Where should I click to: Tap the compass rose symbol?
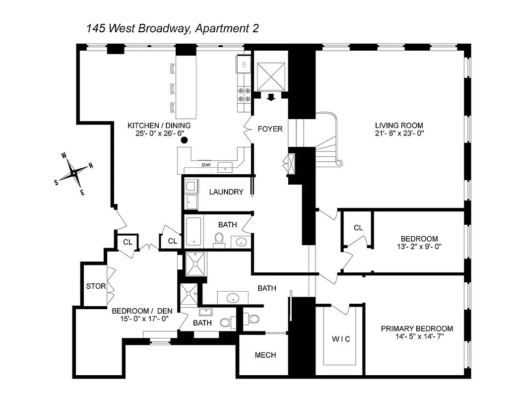74,173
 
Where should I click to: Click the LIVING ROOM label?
399,125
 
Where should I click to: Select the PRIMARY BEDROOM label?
417,329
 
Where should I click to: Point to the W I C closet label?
340,339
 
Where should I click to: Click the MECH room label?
265,355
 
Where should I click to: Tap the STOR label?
96,286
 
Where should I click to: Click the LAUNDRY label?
226,192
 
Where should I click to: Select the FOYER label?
270,129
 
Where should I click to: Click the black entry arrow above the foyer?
270,97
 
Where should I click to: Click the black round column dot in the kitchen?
184,140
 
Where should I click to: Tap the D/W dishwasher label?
206,165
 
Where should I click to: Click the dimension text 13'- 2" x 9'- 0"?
420,247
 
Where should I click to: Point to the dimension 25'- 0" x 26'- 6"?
159,133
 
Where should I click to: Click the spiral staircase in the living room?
328,139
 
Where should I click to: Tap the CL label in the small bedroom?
358,228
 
